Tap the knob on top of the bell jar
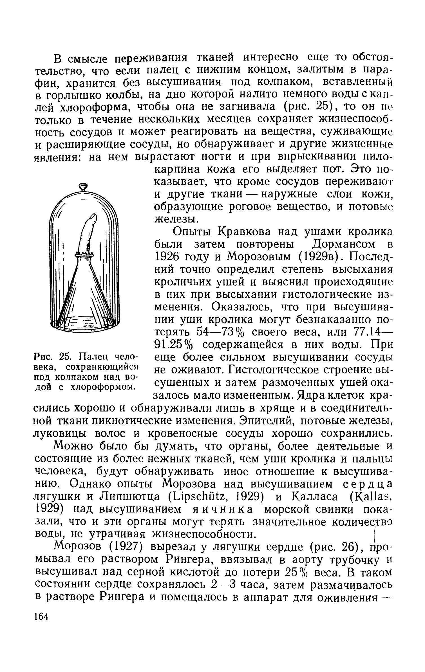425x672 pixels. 83,186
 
